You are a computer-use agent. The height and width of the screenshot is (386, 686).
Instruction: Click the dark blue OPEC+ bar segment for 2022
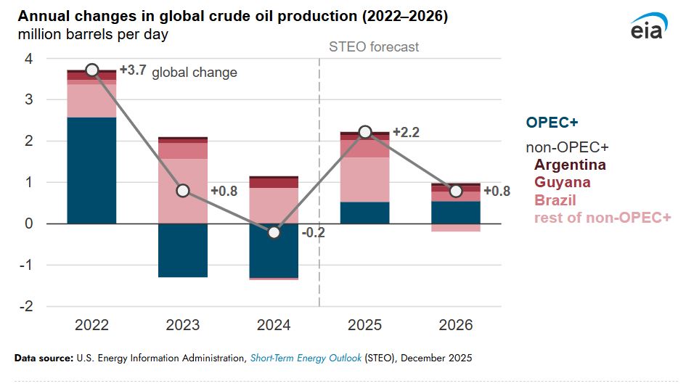(91, 170)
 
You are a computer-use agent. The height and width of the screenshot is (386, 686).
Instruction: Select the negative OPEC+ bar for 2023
(183, 250)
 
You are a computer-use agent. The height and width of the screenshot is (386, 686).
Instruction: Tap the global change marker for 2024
(274, 232)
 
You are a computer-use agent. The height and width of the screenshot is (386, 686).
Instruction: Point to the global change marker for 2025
(365, 132)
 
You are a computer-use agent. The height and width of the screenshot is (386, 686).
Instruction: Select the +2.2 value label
(406, 133)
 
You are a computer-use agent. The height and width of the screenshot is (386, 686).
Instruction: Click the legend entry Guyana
(563, 182)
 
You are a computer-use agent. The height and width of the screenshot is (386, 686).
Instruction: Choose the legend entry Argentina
(570, 165)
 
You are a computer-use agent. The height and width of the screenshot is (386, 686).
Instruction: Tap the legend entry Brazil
(555, 200)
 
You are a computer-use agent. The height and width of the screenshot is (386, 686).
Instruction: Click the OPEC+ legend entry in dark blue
(552, 123)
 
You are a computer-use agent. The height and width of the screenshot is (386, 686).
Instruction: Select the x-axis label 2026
(456, 325)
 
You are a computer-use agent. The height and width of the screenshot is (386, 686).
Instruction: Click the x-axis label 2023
(183, 325)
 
